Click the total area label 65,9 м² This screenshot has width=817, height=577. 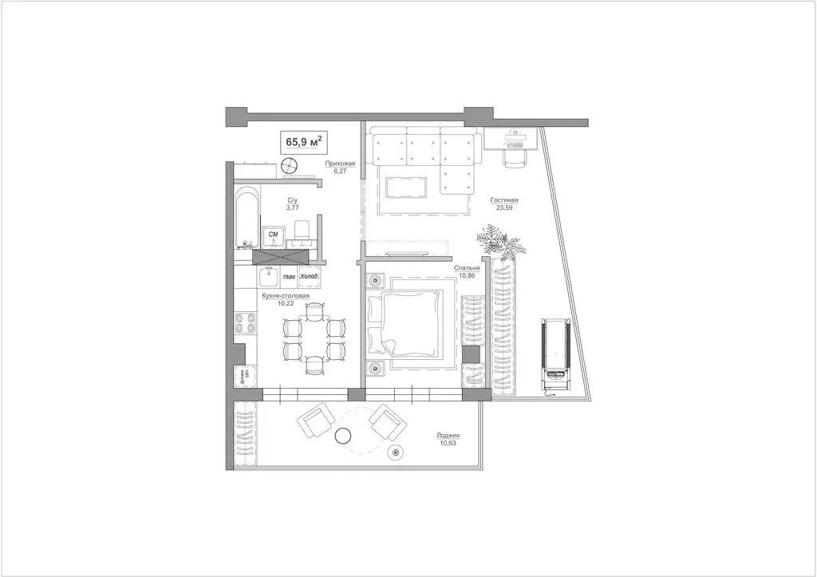pyautogui.click(x=303, y=143)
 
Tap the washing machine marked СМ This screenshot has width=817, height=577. pyautogui.click(x=274, y=234)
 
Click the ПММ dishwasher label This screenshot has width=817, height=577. pyautogui.click(x=289, y=277)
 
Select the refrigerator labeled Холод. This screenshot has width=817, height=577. pyautogui.click(x=308, y=277)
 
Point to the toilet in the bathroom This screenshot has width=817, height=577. pyautogui.click(x=302, y=231)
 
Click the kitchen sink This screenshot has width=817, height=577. pyautogui.click(x=268, y=277)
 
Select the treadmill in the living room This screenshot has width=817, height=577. pyautogui.click(x=555, y=351)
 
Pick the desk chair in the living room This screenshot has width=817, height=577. pyautogui.click(x=513, y=156)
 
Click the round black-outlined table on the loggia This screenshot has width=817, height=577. pyautogui.click(x=344, y=435)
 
